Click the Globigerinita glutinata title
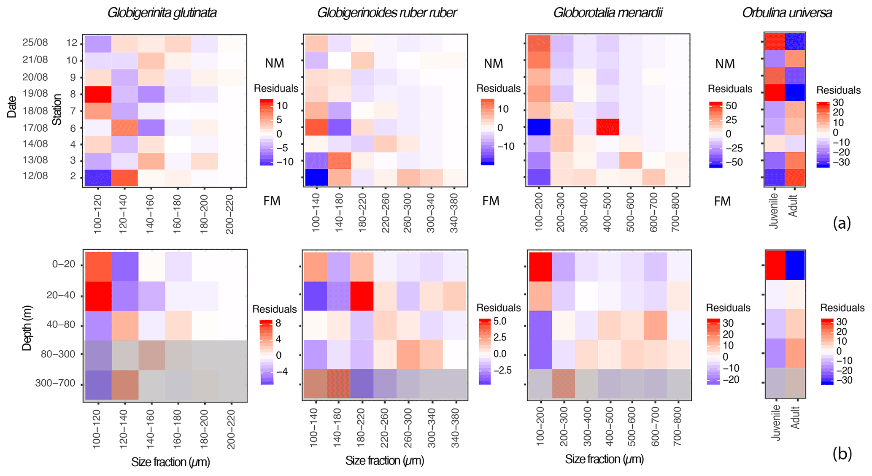162,13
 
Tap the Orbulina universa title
787,13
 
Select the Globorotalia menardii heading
607,13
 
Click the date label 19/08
35,93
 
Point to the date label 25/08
35,43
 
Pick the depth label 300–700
55,384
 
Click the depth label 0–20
63,265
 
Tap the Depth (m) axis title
27,328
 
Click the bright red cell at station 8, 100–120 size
98,94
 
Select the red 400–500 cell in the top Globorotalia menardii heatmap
608,127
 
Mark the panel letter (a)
842,223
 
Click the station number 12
71,43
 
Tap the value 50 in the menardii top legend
731,105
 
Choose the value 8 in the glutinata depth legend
278,324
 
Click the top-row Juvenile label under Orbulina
773,210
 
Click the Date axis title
12,107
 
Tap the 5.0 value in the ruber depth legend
500,322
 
